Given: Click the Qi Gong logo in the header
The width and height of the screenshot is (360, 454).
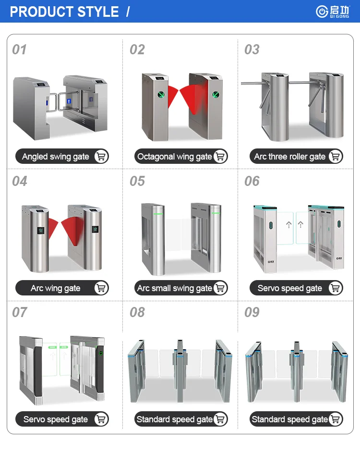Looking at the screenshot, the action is tap(333, 12).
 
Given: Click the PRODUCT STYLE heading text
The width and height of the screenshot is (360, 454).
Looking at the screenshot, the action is tap(64, 12).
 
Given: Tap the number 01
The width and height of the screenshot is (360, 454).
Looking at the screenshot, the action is tap(19, 49).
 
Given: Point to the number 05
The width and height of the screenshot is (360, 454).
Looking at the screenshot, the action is tap(137, 181).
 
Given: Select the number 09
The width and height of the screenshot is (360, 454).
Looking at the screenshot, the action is tap(252, 312).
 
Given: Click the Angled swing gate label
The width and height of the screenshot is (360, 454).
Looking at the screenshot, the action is tap(56, 157).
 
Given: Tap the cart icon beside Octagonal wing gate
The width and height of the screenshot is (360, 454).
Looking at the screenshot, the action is tap(220, 156).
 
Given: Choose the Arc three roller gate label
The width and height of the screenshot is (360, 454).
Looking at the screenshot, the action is tap(289, 157).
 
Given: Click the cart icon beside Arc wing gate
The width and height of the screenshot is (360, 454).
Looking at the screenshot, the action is tap(101, 288).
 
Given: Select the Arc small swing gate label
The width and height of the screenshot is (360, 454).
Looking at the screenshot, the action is tap(175, 288).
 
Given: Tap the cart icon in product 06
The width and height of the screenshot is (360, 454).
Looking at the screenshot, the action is tap(336, 288).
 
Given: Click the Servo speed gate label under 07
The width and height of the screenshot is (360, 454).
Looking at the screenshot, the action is tap(56, 419).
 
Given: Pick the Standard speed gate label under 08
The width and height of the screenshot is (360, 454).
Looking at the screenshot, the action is tap(175, 419).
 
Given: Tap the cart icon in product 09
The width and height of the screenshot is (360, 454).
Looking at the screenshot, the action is tap(336, 419).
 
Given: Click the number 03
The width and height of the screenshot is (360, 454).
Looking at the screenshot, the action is tap(252, 49).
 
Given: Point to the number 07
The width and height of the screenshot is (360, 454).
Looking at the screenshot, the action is tap(19, 312).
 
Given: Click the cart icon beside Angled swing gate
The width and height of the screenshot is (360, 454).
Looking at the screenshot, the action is tap(101, 156).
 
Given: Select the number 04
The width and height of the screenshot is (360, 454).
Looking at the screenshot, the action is tap(19, 181).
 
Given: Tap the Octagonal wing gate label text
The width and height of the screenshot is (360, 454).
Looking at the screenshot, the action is tap(175, 157).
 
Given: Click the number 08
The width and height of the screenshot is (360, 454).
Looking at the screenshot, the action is tap(137, 312).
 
